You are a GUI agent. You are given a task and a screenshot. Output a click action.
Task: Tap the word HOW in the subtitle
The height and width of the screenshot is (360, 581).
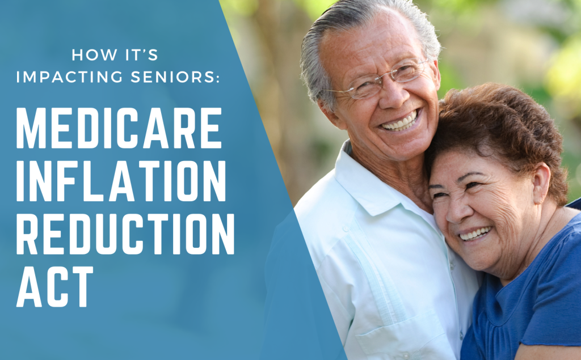90,55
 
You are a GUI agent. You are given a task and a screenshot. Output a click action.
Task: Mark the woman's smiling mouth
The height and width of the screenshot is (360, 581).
475,233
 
